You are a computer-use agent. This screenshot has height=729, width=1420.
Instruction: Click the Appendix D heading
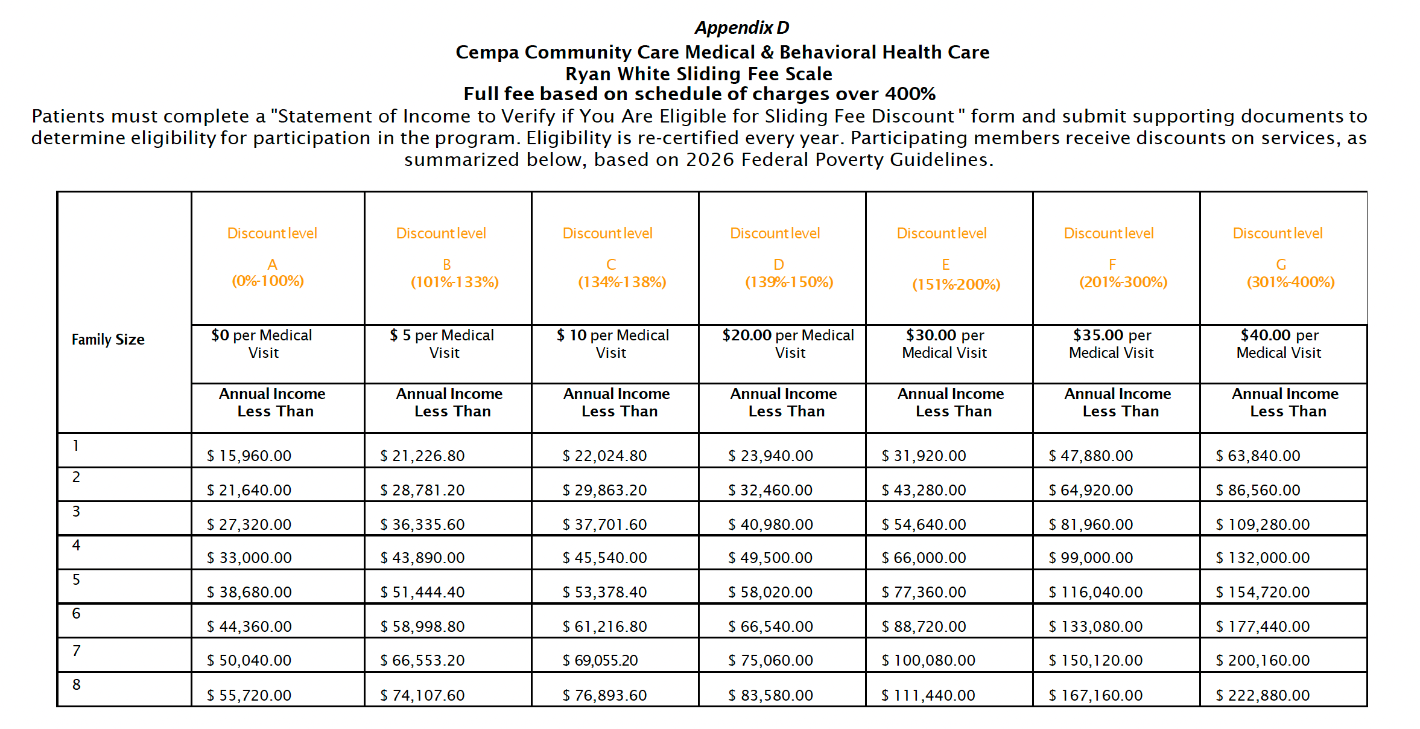point(741,28)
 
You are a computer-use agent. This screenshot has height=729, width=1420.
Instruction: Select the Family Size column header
point(108,340)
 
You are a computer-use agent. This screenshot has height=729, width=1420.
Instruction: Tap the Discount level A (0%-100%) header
point(272,257)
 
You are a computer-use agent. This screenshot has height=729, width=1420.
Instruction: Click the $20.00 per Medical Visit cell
point(788,343)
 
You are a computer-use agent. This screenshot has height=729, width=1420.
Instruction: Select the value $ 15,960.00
point(249,456)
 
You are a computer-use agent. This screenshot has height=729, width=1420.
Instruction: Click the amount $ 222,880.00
point(1263,695)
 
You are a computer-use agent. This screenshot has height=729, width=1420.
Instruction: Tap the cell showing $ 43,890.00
point(422,558)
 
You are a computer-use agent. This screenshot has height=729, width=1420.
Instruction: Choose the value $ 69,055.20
point(600,660)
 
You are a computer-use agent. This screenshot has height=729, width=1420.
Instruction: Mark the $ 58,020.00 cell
point(770,592)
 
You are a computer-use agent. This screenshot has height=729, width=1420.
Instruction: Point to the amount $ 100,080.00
point(928,660)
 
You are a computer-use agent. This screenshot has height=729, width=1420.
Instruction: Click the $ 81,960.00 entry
point(1091,524)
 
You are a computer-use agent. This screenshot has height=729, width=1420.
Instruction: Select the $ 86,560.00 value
point(1258,490)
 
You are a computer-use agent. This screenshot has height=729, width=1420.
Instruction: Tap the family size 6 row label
point(76,614)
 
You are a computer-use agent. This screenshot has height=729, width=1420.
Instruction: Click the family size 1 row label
point(76,446)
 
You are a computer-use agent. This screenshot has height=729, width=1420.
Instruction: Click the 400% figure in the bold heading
point(910,94)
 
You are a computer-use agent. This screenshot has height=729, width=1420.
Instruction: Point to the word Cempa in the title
point(487,53)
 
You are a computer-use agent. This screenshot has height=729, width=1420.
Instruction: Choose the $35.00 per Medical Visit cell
point(1111,343)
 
